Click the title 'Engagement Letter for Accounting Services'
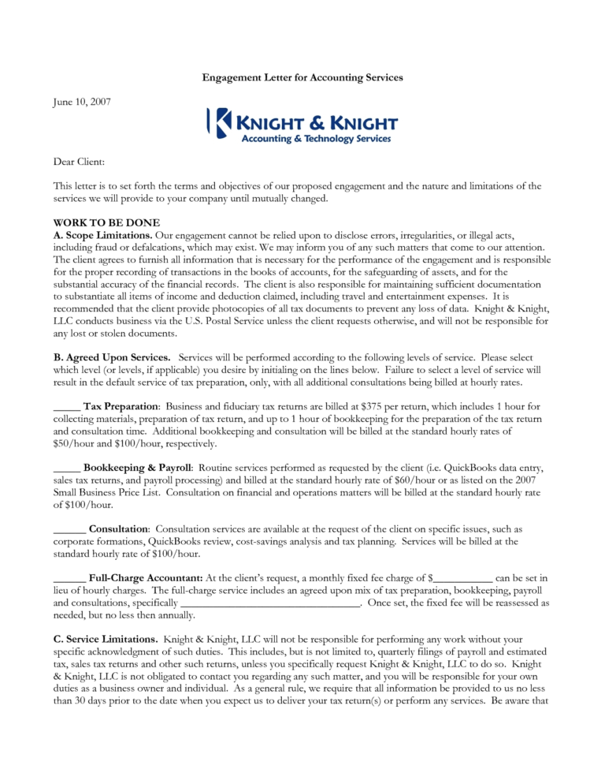coord(302,77)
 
